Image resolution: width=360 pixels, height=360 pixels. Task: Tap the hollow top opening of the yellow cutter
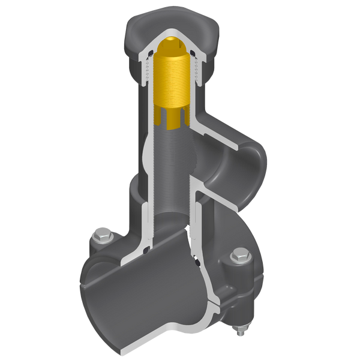(x=174, y=43)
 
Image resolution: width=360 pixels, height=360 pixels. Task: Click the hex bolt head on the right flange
(x=239, y=257)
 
